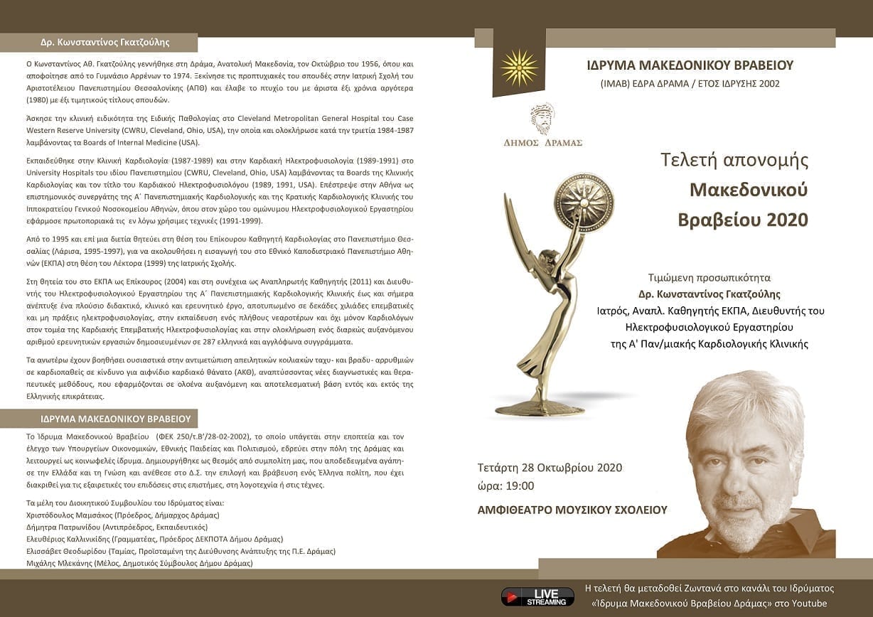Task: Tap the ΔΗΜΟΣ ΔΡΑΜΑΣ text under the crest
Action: coord(542,142)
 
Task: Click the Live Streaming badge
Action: coord(537,596)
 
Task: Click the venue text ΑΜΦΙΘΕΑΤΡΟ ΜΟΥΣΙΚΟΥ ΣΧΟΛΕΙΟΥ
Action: coord(573,510)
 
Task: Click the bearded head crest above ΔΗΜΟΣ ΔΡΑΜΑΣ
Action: coord(542,118)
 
